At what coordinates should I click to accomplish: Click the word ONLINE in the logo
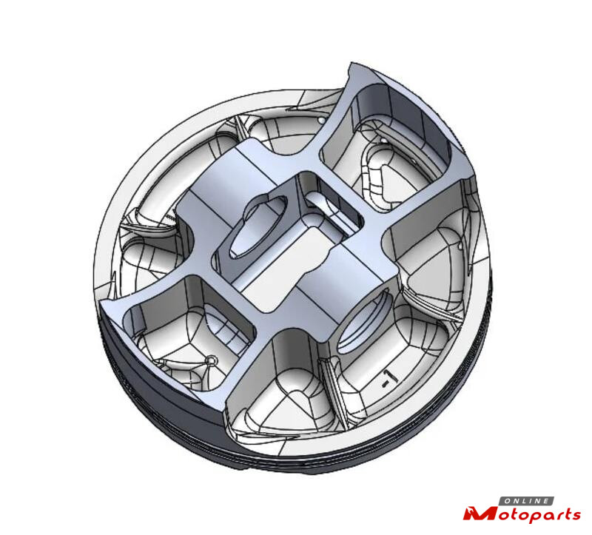click(x=527, y=501)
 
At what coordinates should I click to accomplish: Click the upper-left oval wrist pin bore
click(x=258, y=227)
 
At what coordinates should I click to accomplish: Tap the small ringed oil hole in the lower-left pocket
click(x=211, y=360)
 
